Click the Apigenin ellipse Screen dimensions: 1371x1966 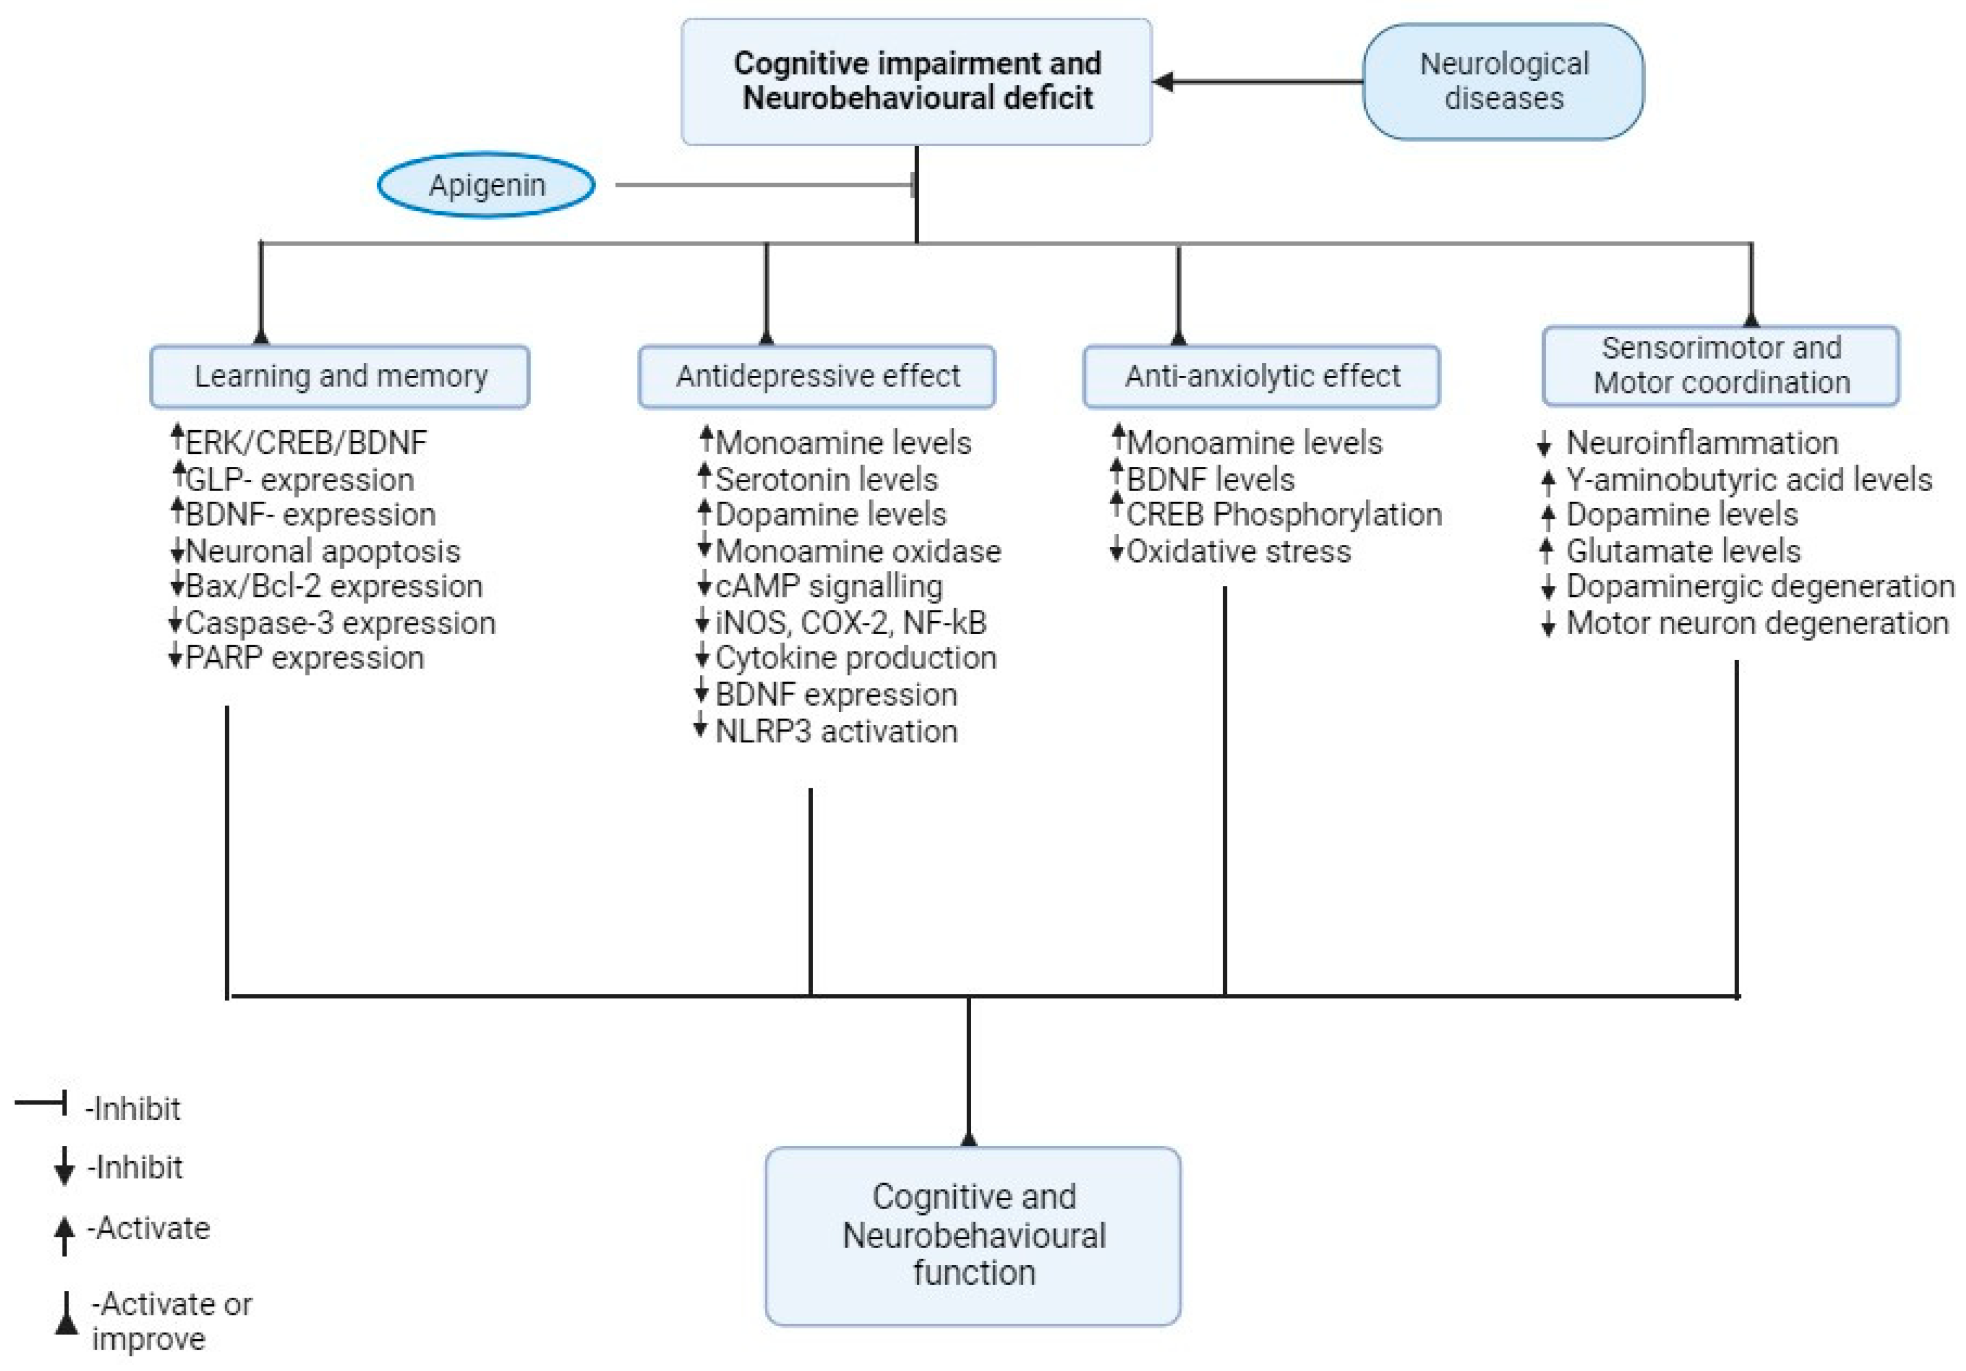[486, 185]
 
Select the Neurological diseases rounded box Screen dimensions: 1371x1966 [1503, 82]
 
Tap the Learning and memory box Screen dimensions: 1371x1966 [340, 376]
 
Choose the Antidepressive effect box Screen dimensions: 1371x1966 [817, 376]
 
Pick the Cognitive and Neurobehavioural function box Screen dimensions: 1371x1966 [973, 1235]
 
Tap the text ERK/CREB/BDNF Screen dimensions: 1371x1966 [305, 443]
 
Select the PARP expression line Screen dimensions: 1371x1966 [304, 658]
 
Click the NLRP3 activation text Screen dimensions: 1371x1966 [836, 732]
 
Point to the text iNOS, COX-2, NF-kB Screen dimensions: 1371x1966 [850, 622]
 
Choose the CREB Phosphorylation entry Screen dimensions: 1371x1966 [1284, 515]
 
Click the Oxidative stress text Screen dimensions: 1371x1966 [1238, 551]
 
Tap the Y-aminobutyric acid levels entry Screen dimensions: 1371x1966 [1749, 479]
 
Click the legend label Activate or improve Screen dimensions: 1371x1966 [171, 1321]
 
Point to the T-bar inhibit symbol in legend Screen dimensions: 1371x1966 [41, 1102]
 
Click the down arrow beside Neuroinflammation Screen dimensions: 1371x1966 [1545, 444]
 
